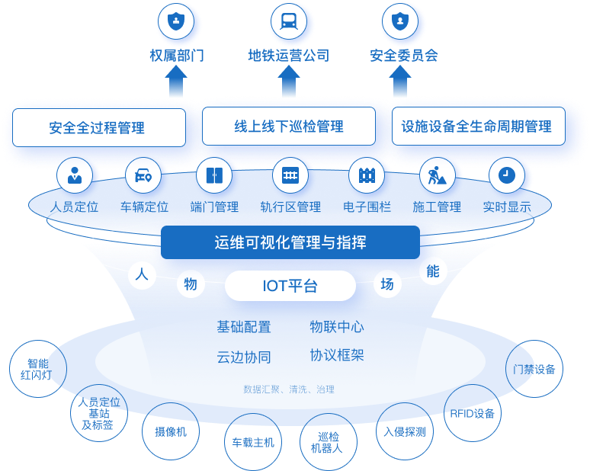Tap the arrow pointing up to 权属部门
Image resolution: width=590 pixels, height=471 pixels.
pos(176,82)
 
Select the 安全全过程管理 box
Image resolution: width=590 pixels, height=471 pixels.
pos(98,127)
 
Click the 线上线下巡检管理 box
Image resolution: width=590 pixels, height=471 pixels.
pos(289,127)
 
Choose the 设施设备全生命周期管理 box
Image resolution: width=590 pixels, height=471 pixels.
pos(478,127)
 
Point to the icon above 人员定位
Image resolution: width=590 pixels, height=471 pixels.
pos(74,176)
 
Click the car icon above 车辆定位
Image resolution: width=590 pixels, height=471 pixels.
pos(143,176)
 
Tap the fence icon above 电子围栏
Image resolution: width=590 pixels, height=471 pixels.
pos(366,176)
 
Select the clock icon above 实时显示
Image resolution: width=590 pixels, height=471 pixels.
pos(506,176)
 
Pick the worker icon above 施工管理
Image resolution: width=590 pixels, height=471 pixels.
pos(438,176)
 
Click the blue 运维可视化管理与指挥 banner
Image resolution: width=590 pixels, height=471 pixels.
pos(290,242)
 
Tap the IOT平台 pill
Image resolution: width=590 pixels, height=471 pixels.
pos(290,286)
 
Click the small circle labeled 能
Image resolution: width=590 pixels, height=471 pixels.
pos(433,271)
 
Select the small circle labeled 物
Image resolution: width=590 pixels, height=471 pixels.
pos(191,284)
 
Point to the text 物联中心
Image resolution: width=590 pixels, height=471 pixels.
pos(336,327)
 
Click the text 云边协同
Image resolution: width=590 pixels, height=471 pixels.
pos(244,357)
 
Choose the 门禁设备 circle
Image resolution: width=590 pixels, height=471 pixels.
pos(534,369)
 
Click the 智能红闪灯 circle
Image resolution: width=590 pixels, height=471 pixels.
pos(38,369)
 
